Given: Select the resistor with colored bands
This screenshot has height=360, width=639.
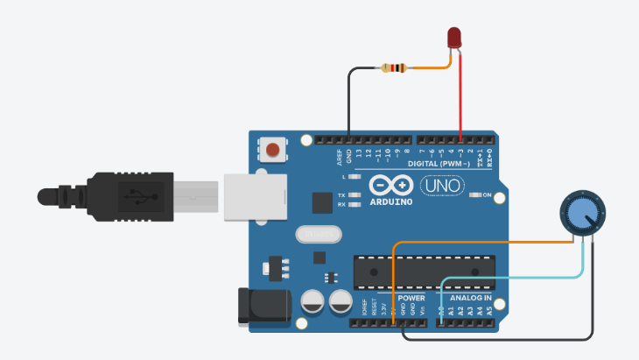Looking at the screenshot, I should tap(396, 68).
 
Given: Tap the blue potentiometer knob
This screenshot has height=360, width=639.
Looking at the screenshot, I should tap(580, 214).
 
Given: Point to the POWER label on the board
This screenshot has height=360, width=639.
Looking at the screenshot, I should tap(411, 298).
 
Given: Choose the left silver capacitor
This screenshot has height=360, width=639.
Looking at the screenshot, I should tap(314, 305).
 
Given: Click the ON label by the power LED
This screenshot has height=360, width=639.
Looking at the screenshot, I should tap(487, 194).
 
